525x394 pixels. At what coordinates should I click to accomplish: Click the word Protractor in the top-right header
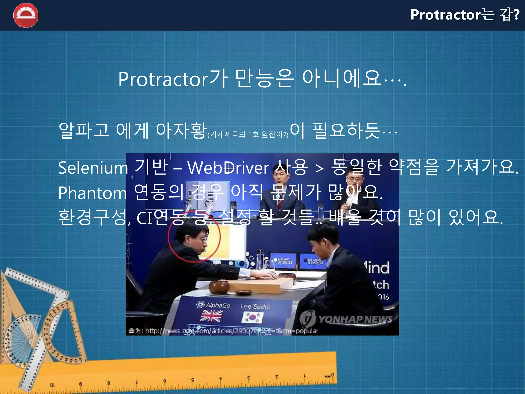446,15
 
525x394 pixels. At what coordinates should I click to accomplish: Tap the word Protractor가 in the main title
173,79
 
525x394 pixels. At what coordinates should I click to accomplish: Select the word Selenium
93,168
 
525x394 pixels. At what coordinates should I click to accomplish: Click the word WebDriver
228,168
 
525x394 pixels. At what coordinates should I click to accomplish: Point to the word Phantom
92,193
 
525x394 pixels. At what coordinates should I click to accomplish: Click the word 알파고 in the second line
84,130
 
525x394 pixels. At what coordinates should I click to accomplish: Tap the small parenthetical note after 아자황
248,134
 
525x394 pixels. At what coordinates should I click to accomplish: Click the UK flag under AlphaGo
211,316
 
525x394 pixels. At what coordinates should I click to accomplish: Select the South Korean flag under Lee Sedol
253,318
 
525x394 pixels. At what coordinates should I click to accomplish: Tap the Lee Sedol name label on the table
255,306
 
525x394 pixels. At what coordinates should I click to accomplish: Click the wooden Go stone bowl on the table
219,287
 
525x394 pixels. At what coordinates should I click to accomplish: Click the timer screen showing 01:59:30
313,261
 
